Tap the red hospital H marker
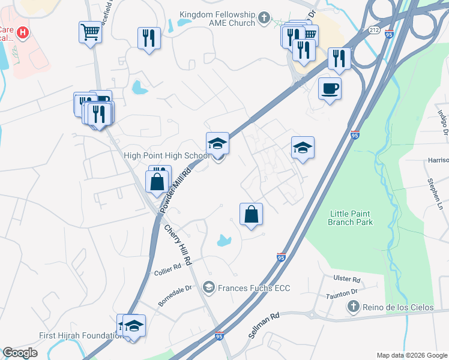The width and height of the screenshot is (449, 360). (22, 32)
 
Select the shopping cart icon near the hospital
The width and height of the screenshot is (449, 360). (90, 32)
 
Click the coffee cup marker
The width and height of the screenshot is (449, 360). (330, 89)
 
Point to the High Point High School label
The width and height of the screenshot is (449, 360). (166, 155)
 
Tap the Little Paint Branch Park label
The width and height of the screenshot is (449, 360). (351, 218)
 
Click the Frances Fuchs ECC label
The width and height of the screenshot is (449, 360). (254, 289)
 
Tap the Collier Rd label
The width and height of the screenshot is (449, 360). (169, 268)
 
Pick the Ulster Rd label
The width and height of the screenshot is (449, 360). (348, 280)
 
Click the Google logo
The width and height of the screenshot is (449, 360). (20, 353)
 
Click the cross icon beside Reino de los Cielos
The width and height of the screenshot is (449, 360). (353, 307)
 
